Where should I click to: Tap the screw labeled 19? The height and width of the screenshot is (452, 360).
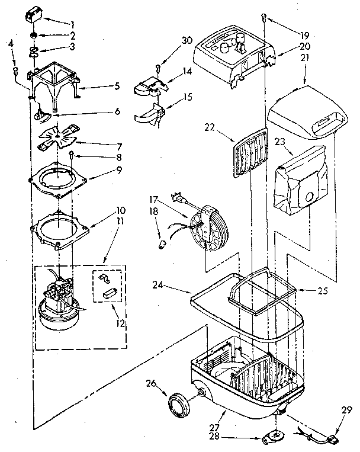(262, 21)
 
